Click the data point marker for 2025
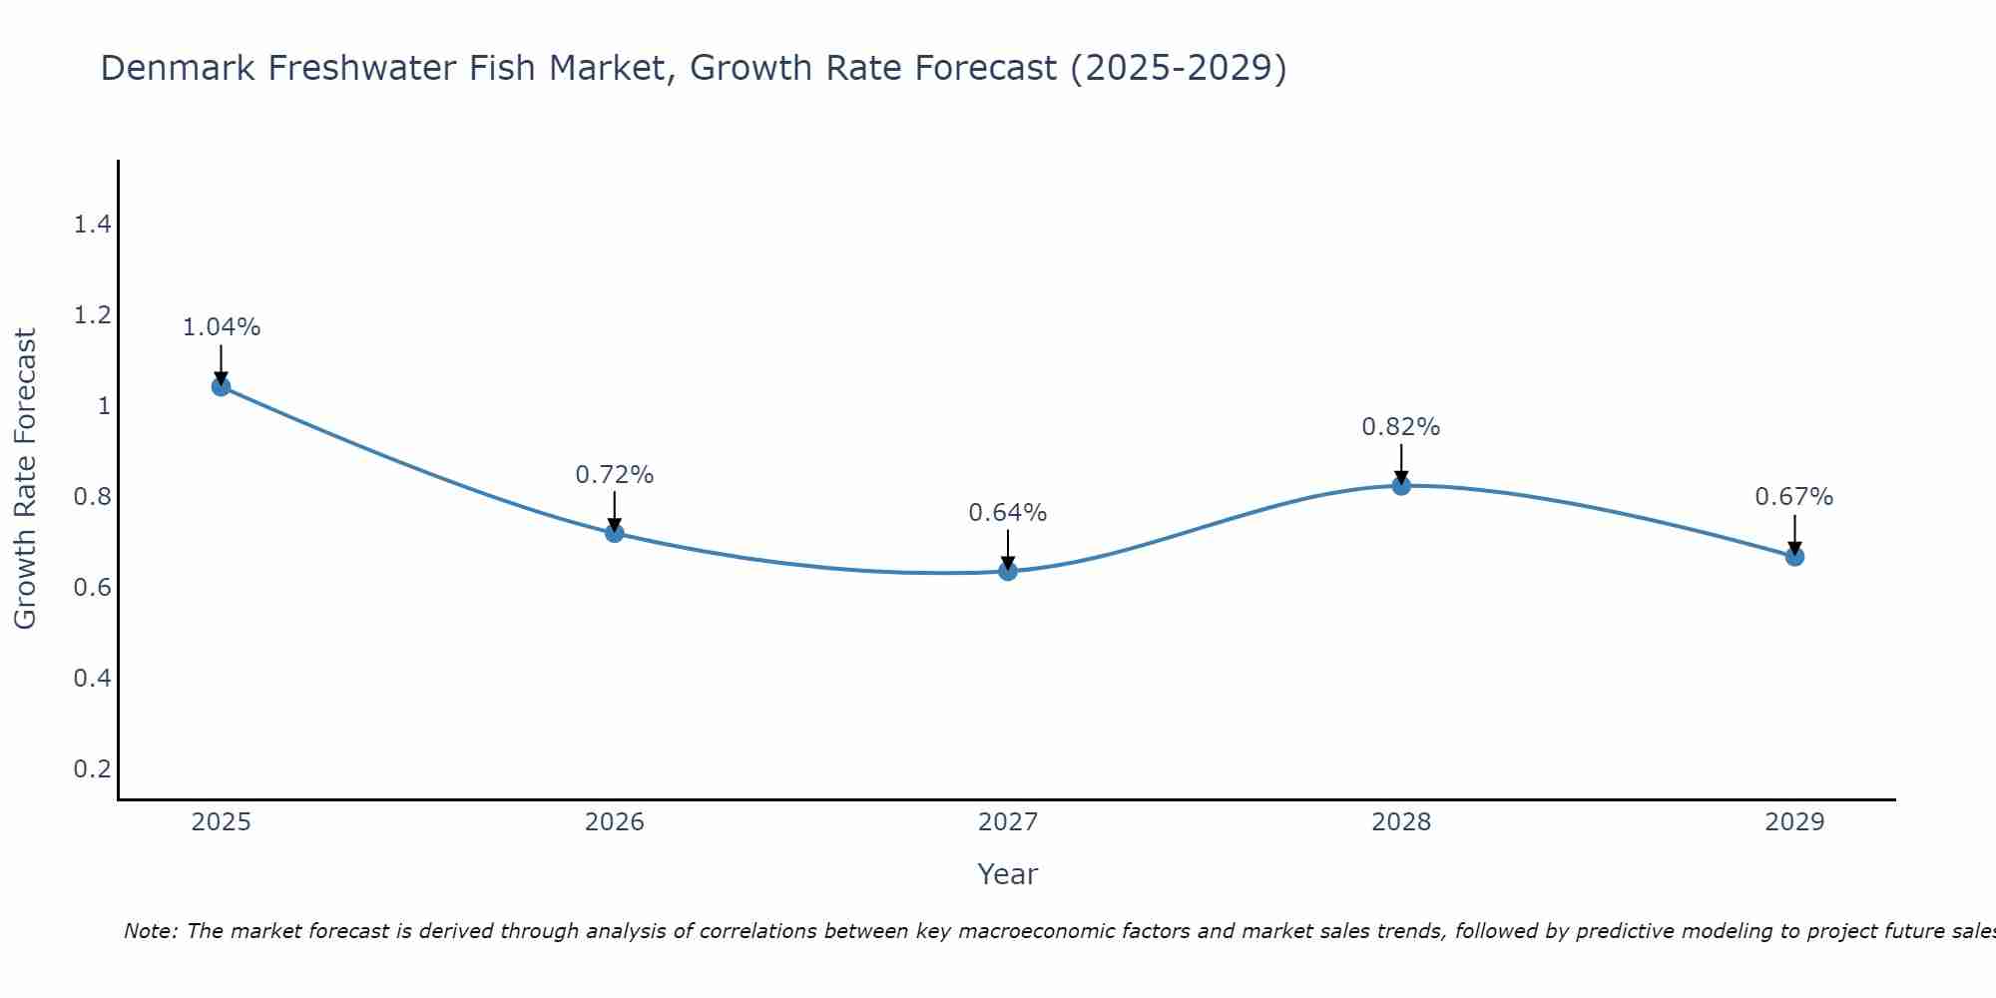tap(222, 386)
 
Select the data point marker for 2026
tap(615, 533)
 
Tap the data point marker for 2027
tap(1008, 571)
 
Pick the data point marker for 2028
tap(1401, 485)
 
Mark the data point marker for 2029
tap(1794, 556)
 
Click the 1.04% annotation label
tap(222, 327)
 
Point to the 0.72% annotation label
tap(615, 475)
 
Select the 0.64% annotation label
tap(1008, 513)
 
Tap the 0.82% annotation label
tap(1401, 427)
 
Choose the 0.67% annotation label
tap(1794, 497)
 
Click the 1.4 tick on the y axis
tap(92, 225)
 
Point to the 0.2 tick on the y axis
tap(92, 769)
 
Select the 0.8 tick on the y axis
tap(92, 497)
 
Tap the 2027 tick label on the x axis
tap(1008, 822)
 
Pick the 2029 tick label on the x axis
tap(1794, 822)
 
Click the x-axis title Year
tap(1008, 874)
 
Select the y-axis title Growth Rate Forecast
tap(25, 479)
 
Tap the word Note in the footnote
tap(150, 931)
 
